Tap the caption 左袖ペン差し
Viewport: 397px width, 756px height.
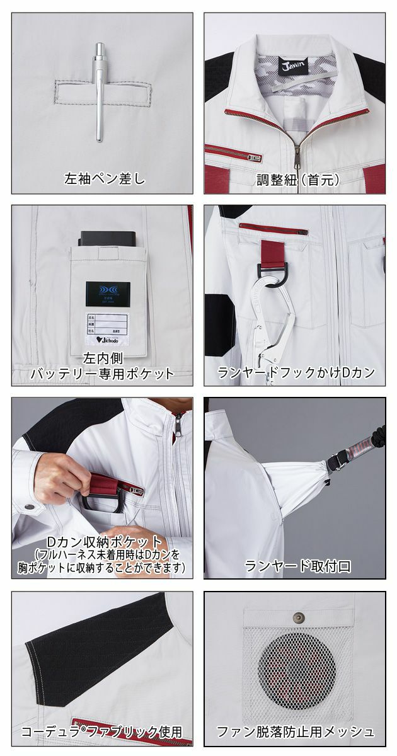pos(104,179)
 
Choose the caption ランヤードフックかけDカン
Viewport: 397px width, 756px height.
pos(296,372)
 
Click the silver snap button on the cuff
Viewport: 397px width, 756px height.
pos(28,507)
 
